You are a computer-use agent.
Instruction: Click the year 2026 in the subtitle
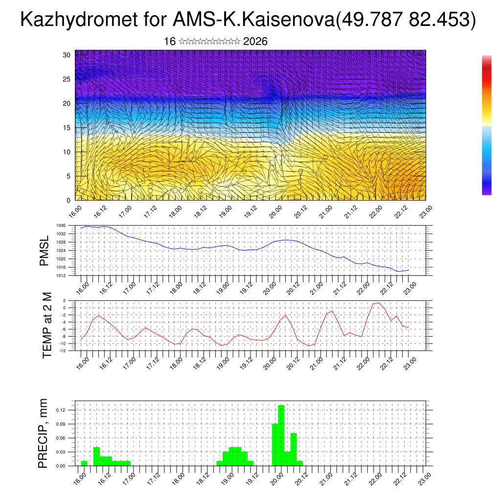pyautogui.click(x=255, y=42)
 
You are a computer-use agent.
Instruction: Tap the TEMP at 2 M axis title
pyautogui.click(x=47, y=325)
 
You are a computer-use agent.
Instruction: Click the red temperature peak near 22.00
pyautogui.click(x=379, y=303)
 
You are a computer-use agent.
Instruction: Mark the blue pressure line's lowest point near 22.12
pyautogui.click(x=398, y=271)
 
